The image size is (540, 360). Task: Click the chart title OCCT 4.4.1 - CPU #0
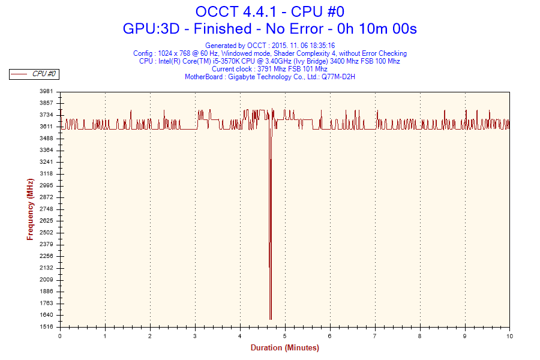(x=269, y=11)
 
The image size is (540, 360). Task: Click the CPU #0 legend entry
(x=44, y=74)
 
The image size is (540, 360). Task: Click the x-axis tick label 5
(x=285, y=337)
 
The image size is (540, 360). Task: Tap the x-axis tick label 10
(x=509, y=337)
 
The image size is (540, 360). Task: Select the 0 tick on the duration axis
(x=60, y=337)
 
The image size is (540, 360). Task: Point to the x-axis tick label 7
(x=375, y=337)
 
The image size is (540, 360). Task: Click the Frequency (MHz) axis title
(x=30, y=209)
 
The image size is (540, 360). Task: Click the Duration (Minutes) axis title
(x=284, y=348)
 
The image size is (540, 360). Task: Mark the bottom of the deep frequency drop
(x=271, y=319)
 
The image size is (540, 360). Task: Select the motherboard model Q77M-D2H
(x=338, y=77)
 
